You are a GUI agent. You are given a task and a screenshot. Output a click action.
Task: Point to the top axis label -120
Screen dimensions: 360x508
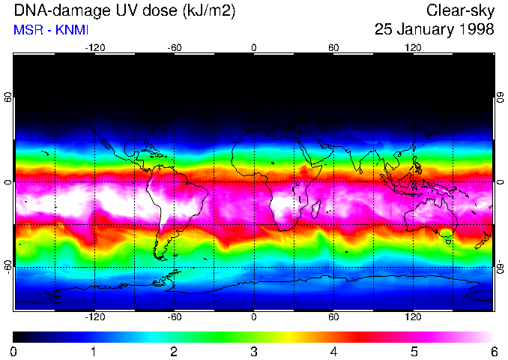pos(94,47)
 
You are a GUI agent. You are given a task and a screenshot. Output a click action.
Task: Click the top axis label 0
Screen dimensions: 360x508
pos(254,47)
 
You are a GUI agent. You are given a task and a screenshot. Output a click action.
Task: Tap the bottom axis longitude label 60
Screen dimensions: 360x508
pos(333,316)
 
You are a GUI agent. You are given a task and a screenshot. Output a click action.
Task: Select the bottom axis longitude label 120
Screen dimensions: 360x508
pos(413,316)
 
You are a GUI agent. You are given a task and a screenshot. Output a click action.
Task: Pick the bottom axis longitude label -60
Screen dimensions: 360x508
pos(174,316)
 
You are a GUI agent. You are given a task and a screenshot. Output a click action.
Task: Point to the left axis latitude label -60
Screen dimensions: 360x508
pos(8,266)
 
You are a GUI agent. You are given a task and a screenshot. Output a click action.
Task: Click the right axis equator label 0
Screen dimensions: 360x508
pos(499,182)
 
